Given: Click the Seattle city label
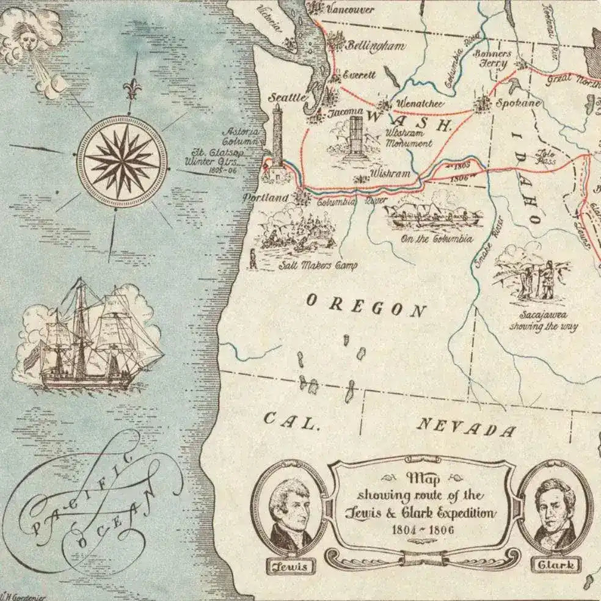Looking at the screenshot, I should [x=287, y=97].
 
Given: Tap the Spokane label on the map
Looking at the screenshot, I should [x=518, y=103].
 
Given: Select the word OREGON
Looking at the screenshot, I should [x=365, y=306].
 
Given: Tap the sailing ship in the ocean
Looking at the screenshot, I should [x=89, y=339].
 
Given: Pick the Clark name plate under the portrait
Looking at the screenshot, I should [x=555, y=564].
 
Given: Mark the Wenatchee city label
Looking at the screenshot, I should [x=420, y=103].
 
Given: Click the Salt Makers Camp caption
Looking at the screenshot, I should [x=318, y=266].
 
